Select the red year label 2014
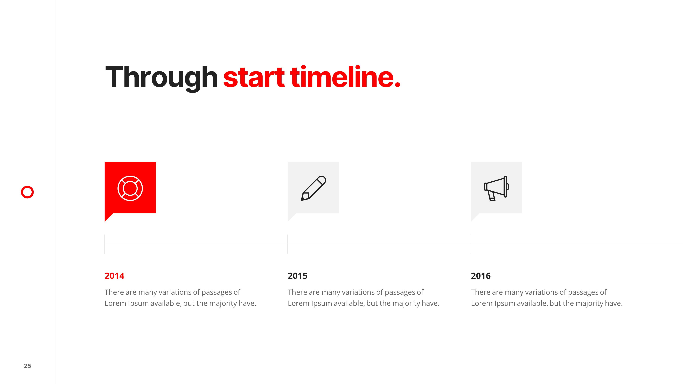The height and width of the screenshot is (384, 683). click(x=114, y=276)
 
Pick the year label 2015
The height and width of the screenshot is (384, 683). click(x=297, y=276)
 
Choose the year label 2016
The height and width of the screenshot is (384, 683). click(x=481, y=276)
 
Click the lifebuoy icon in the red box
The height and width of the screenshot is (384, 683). click(x=130, y=188)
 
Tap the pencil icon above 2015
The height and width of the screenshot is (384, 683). click(x=313, y=188)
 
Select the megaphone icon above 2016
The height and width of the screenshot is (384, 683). click(x=497, y=188)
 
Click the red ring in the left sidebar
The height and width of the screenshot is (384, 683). click(x=27, y=186)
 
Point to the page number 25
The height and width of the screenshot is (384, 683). click(x=27, y=366)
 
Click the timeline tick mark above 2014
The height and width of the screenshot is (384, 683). click(x=105, y=244)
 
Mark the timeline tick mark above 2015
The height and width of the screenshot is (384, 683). click(x=288, y=244)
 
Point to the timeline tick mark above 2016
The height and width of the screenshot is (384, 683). click(x=471, y=244)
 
